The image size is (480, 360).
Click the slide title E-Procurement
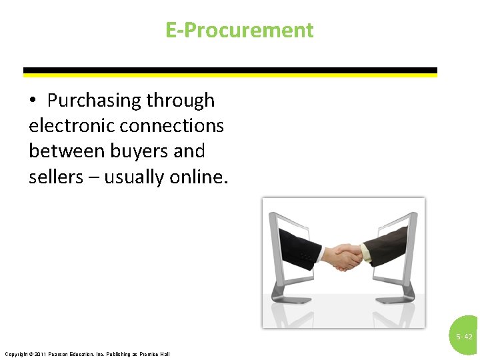[x=239, y=30]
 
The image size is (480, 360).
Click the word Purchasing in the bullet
[x=93, y=100]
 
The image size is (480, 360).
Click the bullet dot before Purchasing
[x=33, y=101]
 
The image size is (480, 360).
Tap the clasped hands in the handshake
[x=345, y=257]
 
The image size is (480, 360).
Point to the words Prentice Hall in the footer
[x=156, y=353]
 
